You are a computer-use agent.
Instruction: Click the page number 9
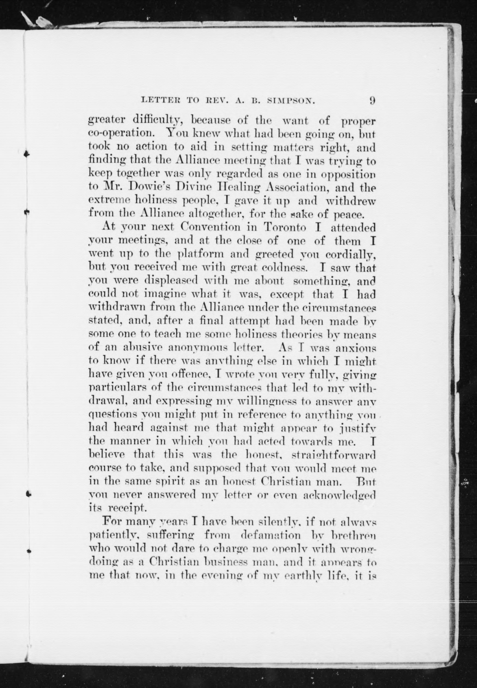(372, 101)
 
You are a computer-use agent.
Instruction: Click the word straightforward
(333, 455)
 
